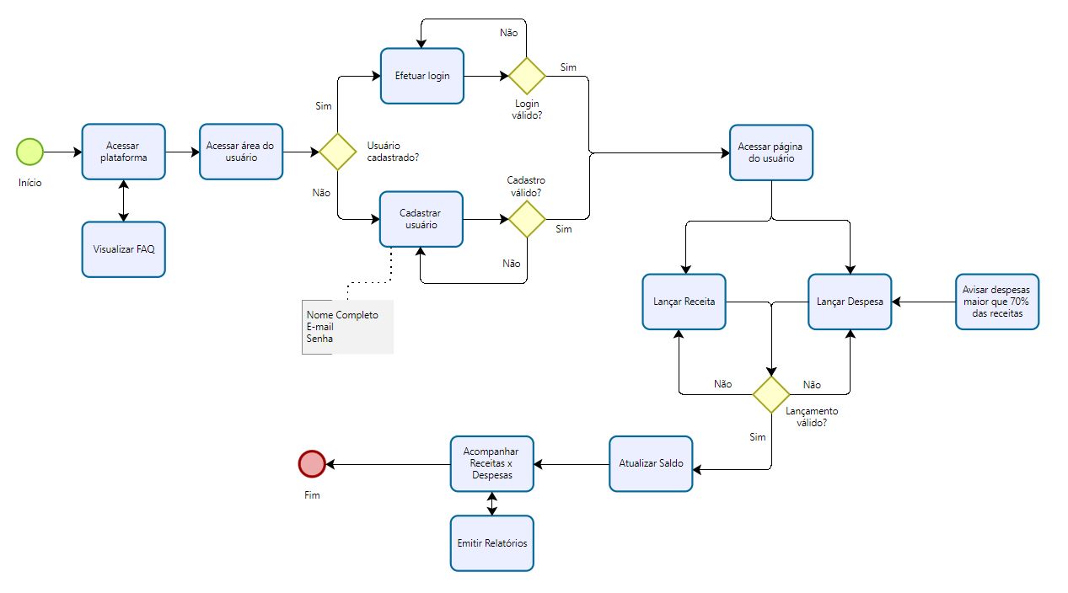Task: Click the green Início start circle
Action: coord(30,152)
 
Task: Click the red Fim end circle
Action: coord(312,463)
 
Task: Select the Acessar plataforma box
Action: coord(123,152)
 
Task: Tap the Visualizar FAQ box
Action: coord(123,249)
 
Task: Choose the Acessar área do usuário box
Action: coord(240,152)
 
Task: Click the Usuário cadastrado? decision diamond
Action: coord(337,152)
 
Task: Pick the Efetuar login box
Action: coord(421,76)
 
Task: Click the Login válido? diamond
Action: coord(527,76)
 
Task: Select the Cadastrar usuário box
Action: coord(421,219)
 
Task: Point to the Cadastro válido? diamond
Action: coord(527,219)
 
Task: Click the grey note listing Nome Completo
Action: coord(347,327)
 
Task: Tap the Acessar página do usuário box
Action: coord(771,152)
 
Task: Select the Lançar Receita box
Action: coord(684,302)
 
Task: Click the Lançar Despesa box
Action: coord(850,302)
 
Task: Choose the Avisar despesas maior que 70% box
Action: coord(997,302)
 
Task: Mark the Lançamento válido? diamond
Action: coord(770,394)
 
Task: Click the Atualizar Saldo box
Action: coord(650,463)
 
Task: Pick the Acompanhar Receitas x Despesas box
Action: coord(492,463)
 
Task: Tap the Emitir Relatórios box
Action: coord(492,543)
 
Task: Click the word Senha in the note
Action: coord(319,339)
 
